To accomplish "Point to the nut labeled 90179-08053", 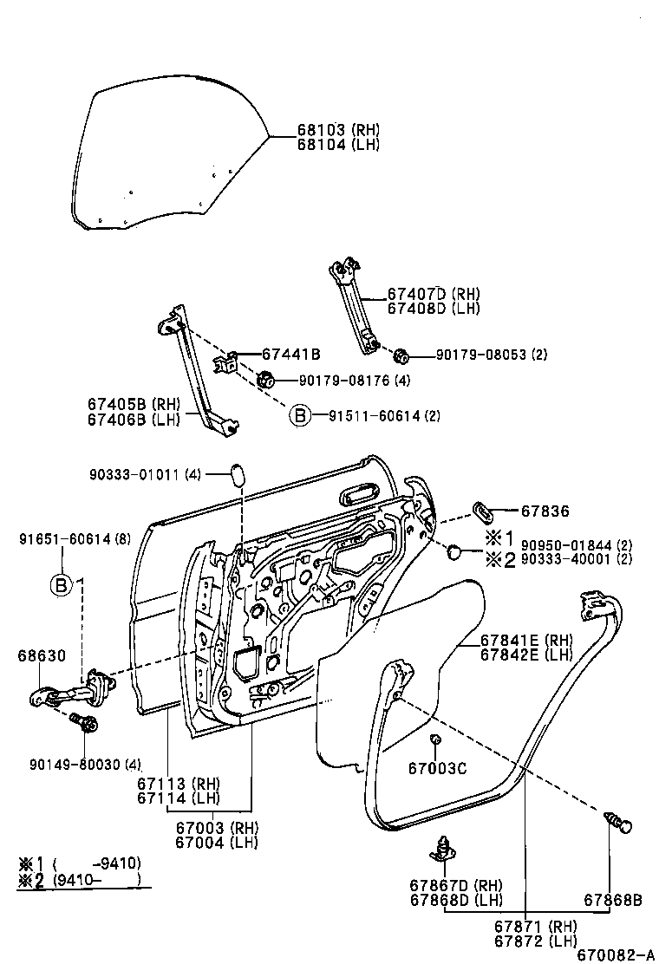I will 401,355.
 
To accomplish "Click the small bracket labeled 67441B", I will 227,361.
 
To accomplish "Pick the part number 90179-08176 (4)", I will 355,380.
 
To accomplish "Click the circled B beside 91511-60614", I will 299,416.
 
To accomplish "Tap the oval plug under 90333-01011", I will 237,474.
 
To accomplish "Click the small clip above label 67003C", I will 437,739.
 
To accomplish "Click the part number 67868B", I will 612,900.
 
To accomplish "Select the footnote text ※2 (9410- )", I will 78,879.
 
